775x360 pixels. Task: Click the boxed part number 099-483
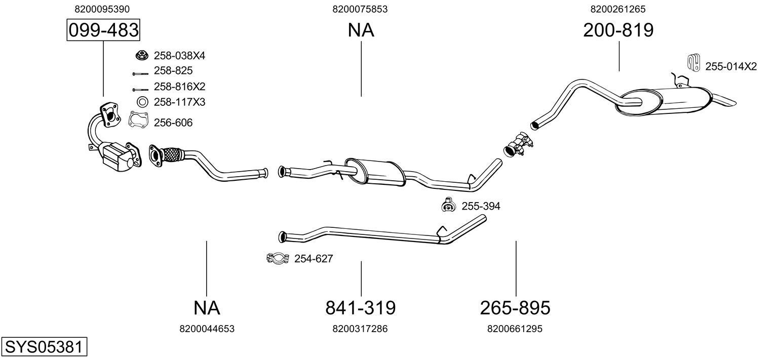pyautogui.click(x=103, y=30)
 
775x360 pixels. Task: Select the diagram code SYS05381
pyautogui.click(x=43, y=347)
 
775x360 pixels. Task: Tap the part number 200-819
pyautogui.click(x=618, y=30)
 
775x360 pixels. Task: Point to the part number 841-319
pyautogui.click(x=360, y=307)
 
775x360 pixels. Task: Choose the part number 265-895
pyautogui.click(x=515, y=307)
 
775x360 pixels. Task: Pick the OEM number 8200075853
pyautogui.click(x=360, y=9)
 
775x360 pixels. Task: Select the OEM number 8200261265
pyautogui.click(x=617, y=9)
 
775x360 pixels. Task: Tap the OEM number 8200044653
pyautogui.click(x=207, y=329)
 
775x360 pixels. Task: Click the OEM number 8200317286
pyautogui.click(x=360, y=329)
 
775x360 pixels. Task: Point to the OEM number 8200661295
pyautogui.click(x=515, y=329)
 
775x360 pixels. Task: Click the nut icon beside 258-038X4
pyautogui.click(x=141, y=55)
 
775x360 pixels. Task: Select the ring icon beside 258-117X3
pyautogui.click(x=142, y=102)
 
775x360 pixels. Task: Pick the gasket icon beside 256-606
pyautogui.click(x=138, y=119)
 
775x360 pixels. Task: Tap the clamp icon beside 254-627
pyautogui.click(x=277, y=259)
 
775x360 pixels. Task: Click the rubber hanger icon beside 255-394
pyautogui.click(x=448, y=205)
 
